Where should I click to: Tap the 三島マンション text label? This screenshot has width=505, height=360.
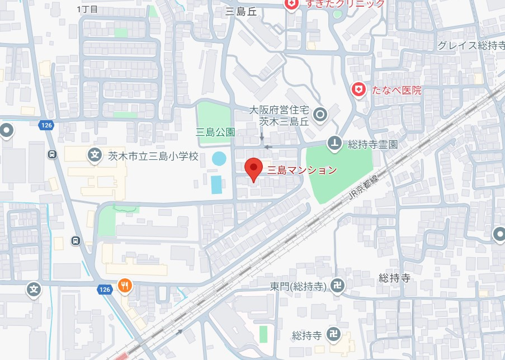click(303, 169)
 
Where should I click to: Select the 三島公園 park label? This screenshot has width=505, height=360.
click(215, 132)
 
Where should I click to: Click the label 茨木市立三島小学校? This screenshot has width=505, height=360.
click(153, 156)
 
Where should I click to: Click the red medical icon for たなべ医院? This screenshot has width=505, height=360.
click(358, 89)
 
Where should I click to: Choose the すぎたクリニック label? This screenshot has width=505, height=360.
click(344, 4)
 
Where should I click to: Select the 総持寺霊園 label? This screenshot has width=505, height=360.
click(372, 144)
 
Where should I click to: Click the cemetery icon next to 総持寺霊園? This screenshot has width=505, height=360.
click(334, 144)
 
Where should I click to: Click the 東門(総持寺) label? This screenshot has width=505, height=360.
click(298, 286)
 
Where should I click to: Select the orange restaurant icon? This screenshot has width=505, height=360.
click(125, 286)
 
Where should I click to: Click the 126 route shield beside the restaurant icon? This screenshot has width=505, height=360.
click(104, 289)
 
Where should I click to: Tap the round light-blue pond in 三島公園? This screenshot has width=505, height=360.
click(219, 159)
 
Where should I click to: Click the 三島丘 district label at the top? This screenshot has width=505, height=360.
click(241, 12)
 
